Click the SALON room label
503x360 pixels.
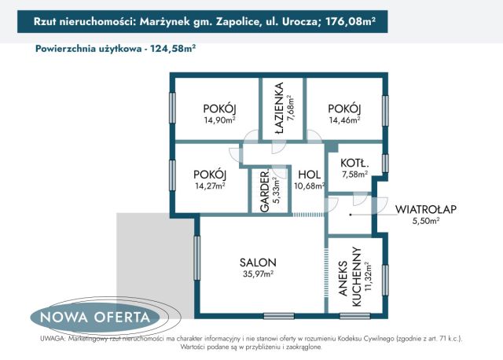click(257, 263)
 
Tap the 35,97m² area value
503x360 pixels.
click(257, 274)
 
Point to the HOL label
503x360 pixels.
click(308, 174)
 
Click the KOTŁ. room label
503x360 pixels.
click(354, 163)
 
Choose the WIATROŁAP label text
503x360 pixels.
click(427, 209)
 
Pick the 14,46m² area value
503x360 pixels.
click(344, 120)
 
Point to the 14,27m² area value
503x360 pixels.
click(210, 186)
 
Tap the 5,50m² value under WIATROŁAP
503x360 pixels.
click(427, 222)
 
